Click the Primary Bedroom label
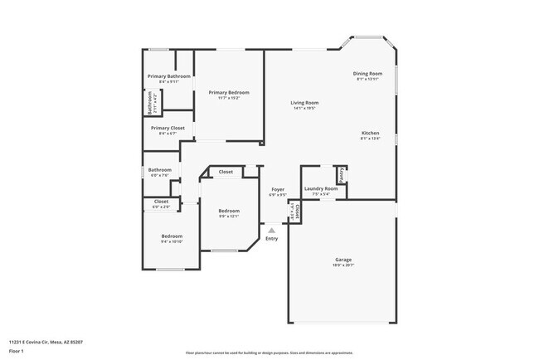point(229,92)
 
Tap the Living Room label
point(306,103)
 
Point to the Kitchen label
point(370,134)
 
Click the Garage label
point(343,260)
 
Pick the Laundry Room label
point(321,188)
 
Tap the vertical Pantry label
point(341,175)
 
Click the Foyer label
point(279,190)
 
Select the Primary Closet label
point(168,128)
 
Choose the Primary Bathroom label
point(169,76)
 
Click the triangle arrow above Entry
point(271,231)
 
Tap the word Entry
point(271,239)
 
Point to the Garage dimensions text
point(343,265)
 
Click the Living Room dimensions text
point(306,109)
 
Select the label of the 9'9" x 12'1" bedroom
point(229,211)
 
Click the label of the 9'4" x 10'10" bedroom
point(172,236)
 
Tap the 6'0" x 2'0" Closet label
point(161,201)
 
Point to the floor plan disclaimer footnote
point(269,353)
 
